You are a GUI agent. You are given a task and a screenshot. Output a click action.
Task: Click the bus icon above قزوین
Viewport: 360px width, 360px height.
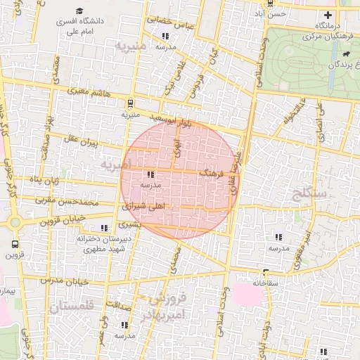click(x=14, y=245)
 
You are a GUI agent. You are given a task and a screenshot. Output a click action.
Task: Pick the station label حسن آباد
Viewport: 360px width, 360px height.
click(x=270, y=13)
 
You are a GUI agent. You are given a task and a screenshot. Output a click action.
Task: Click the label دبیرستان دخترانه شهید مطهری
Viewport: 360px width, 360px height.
click(x=100, y=243)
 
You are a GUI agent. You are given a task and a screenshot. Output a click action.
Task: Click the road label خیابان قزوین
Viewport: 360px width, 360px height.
click(x=60, y=218)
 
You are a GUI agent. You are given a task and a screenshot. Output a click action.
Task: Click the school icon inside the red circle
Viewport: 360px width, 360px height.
click(x=150, y=174)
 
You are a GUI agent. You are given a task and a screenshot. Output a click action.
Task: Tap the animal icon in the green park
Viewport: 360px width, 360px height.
click(x=346, y=54)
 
